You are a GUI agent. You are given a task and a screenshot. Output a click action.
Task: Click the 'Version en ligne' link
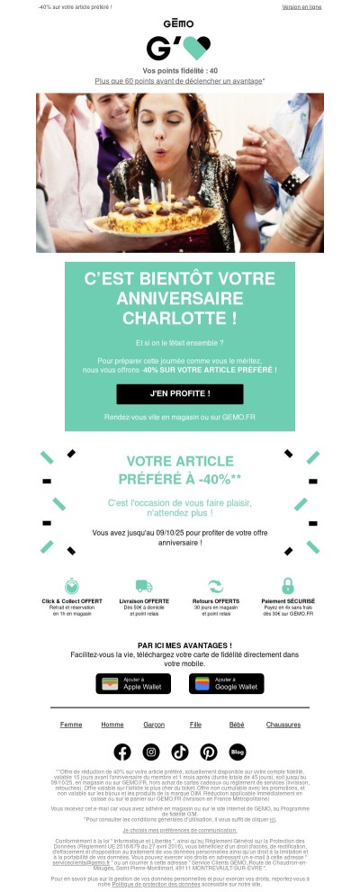click(x=301, y=6)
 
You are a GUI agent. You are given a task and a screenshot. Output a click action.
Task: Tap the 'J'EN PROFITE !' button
click(x=180, y=393)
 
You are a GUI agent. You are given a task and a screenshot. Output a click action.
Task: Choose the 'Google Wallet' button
click(x=226, y=683)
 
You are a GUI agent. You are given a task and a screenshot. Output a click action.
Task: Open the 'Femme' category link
click(x=71, y=725)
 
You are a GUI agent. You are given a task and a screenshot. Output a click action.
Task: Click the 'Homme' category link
click(x=112, y=725)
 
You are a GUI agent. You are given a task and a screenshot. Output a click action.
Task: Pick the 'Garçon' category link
click(x=154, y=725)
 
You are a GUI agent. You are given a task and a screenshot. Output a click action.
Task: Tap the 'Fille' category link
click(x=195, y=725)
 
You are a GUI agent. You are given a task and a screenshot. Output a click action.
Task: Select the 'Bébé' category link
click(x=237, y=725)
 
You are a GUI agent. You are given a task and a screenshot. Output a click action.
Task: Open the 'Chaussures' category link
click(x=283, y=725)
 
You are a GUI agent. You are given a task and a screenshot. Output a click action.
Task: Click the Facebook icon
click(x=122, y=752)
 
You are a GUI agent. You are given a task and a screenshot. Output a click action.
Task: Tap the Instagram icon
click(x=151, y=752)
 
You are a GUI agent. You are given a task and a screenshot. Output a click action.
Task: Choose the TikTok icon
click(x=180, y=752)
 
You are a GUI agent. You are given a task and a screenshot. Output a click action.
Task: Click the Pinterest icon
click(x=209, y=752)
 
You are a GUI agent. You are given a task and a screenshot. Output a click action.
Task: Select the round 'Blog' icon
click(x=238, y=752)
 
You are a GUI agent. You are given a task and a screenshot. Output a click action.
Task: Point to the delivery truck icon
click(x=144, y=586)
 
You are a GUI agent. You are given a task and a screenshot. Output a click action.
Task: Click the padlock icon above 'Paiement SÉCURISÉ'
click(x=288, y=585)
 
